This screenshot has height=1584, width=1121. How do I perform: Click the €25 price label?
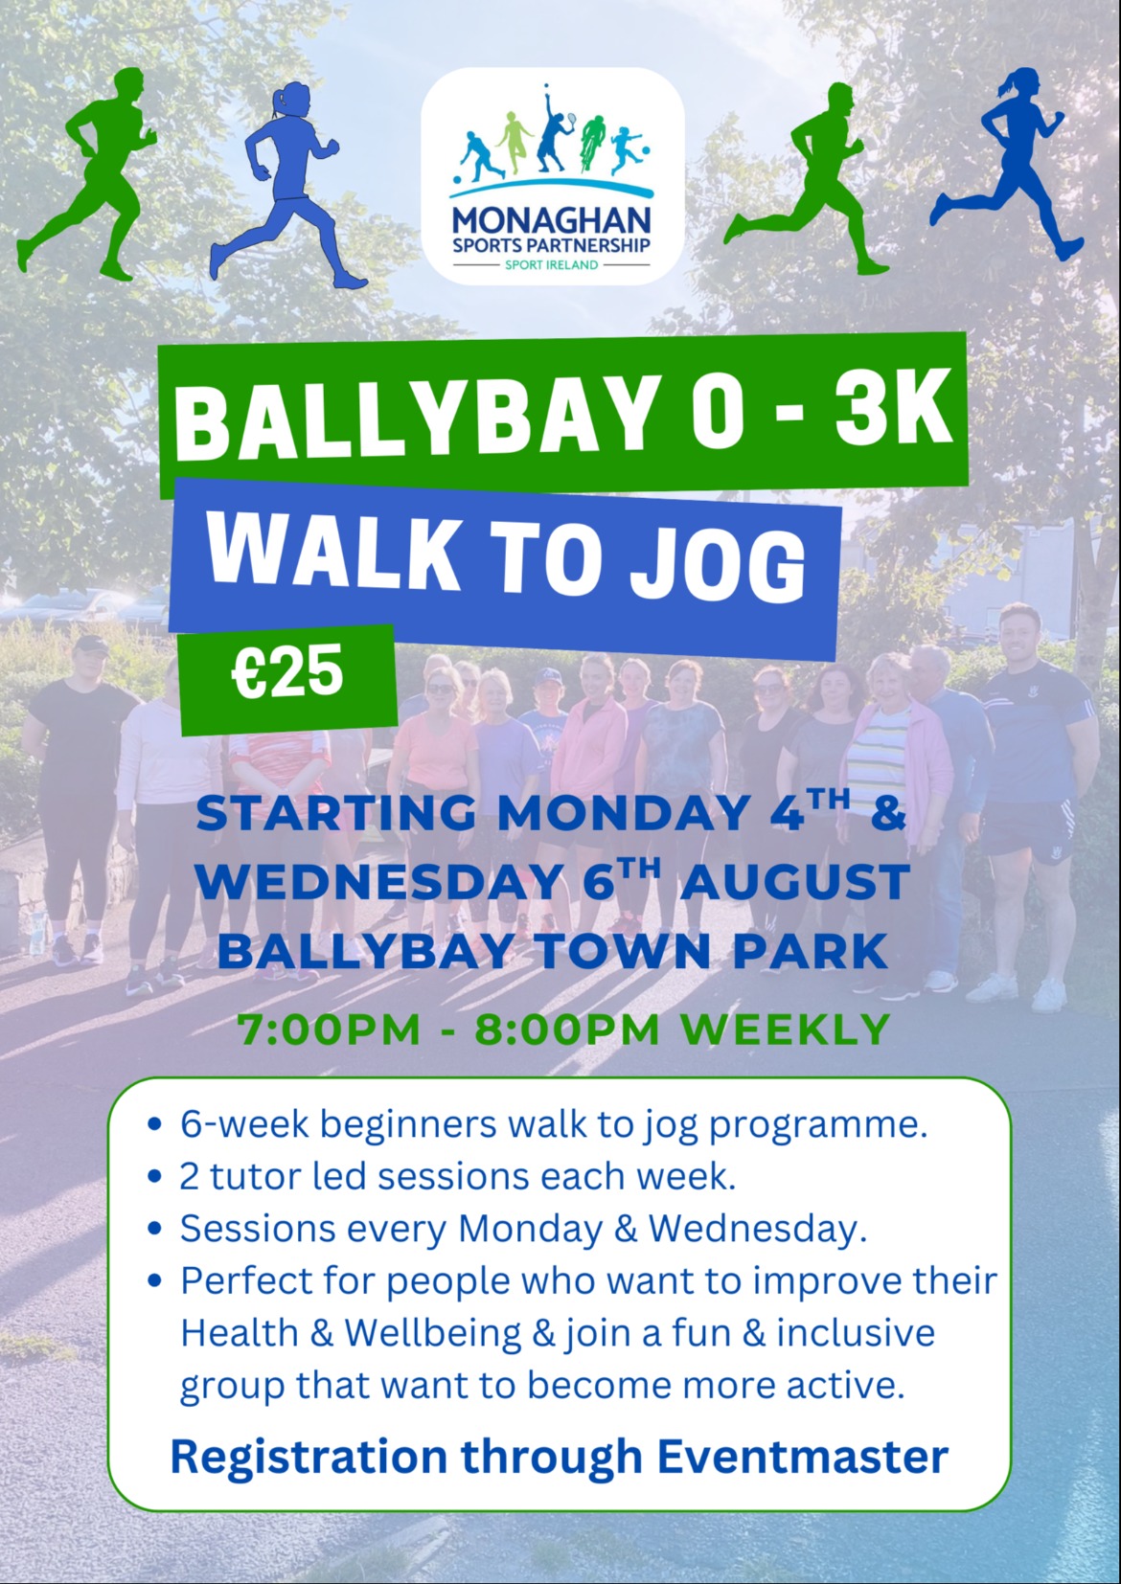point(287,669)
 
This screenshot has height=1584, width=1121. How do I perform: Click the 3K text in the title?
point(891,411)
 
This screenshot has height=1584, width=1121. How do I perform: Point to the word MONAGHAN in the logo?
point(552,221)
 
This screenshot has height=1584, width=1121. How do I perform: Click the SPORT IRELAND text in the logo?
point(551,265)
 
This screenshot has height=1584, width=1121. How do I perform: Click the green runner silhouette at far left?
point(87,173)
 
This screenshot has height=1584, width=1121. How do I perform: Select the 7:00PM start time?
point(330,1030)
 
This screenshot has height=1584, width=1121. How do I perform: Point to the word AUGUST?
point(794,883)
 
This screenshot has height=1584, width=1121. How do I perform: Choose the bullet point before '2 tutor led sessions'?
point(155,1177)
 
